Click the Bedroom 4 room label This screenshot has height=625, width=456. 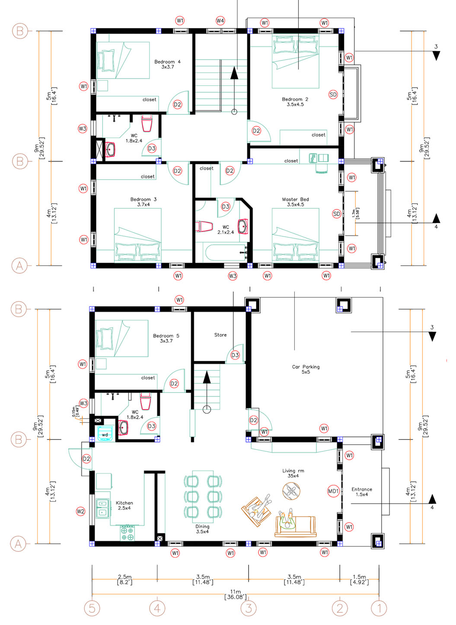tap(167, 62)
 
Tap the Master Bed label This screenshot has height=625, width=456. tap(295, 199)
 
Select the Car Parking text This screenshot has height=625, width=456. tap(306, 367)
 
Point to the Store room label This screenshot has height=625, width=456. tap(220, 335)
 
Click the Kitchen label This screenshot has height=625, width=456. tap(124, 503)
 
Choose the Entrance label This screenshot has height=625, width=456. tap(362, 489)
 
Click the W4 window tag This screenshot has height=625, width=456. tap(220, 21)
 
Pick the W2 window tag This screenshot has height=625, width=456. tap(80, 511)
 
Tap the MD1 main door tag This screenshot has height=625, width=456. tap(333, 491)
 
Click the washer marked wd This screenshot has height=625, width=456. tap(105, 433)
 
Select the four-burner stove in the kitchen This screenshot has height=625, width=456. tap(128, 533)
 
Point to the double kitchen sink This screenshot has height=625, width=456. tap(102, 508)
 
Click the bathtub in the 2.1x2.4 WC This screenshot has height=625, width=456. tap(226, 253)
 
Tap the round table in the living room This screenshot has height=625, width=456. tap(291, 492)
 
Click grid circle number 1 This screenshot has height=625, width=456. tap(379, 608)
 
